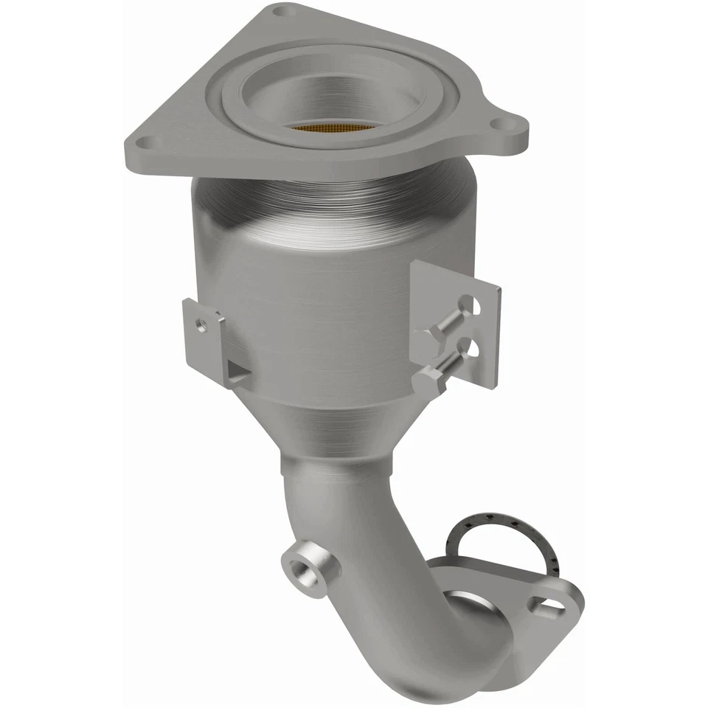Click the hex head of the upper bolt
[427, 339]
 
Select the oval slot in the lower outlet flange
[552, 608]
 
